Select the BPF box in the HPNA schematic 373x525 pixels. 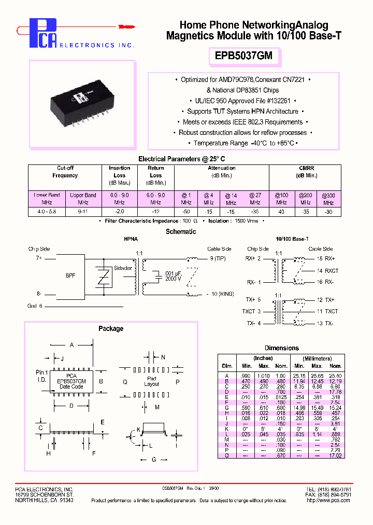click(x=70, y=275)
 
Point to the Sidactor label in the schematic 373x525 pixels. click(x=123, y=268)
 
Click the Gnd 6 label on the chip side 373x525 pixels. click(x=35, y=306)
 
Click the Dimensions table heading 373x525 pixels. click(x=282, y=348)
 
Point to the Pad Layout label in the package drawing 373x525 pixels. click(x=152, y=381)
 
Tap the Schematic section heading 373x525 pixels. click(x=181, y=232)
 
